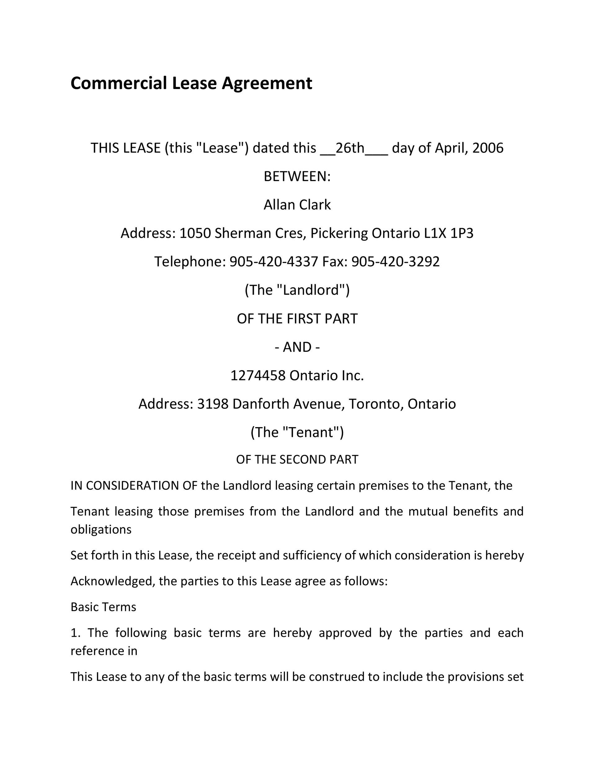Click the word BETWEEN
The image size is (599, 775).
297,176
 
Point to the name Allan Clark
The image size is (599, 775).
297,205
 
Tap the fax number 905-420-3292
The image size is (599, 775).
395,262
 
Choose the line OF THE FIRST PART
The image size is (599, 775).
297,319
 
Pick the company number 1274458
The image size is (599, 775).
258,375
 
